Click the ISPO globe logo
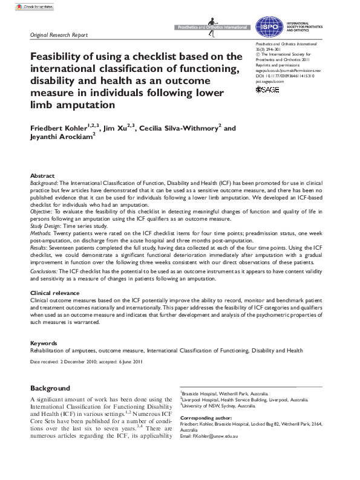(267, 26)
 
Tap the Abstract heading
(42, 175)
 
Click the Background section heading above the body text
(50, 388)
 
